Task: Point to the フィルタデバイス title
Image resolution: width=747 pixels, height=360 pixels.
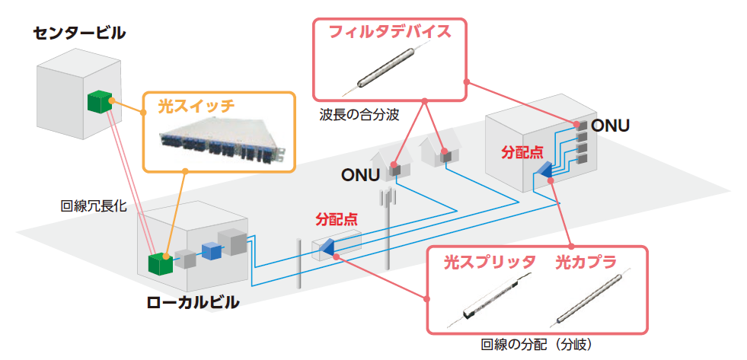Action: tap(389, 32)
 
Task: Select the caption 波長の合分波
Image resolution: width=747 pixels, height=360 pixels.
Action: tap(360, 115)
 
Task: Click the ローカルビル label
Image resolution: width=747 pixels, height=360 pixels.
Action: tap(193, 302)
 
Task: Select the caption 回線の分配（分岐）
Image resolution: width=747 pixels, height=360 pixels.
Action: tap(536, 344)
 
